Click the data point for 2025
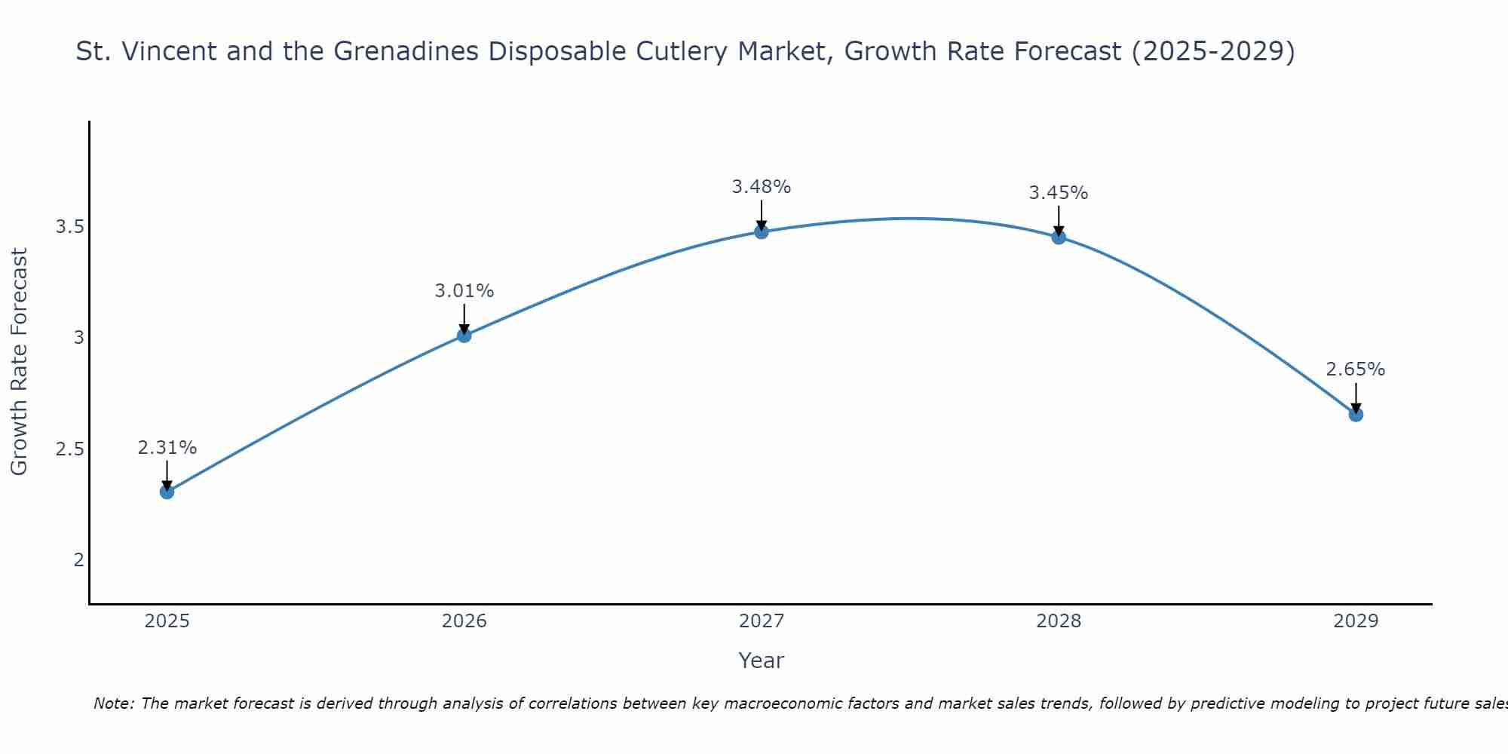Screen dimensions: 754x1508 coord(167,492)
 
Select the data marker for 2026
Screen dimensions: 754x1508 coord(464,335)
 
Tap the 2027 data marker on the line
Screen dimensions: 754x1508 coord(761,231)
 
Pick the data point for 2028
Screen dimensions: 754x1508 coord(1058,238)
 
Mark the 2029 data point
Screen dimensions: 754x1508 coord(1355,414)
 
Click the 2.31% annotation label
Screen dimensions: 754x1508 coord(167,448)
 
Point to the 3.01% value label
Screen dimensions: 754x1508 coord(464,291)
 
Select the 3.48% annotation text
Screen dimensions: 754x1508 coord(761,187)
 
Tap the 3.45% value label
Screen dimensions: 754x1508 coord(1058,193)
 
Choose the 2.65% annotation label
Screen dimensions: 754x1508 coord(1355,369)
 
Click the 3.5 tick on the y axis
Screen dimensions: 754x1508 coord(69,227)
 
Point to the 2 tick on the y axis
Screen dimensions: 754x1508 coord(78,560)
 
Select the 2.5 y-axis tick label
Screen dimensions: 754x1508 coord(69,449)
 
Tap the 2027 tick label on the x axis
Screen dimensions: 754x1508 coord(761,621)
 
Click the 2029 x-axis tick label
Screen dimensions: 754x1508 coord(1355,621)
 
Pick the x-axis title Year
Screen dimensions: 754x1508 coord(761,661)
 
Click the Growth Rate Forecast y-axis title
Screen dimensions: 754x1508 coord(20,362)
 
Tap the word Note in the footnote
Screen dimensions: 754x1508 coord(113,703)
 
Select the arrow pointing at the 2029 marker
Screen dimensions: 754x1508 coord(1355,397)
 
